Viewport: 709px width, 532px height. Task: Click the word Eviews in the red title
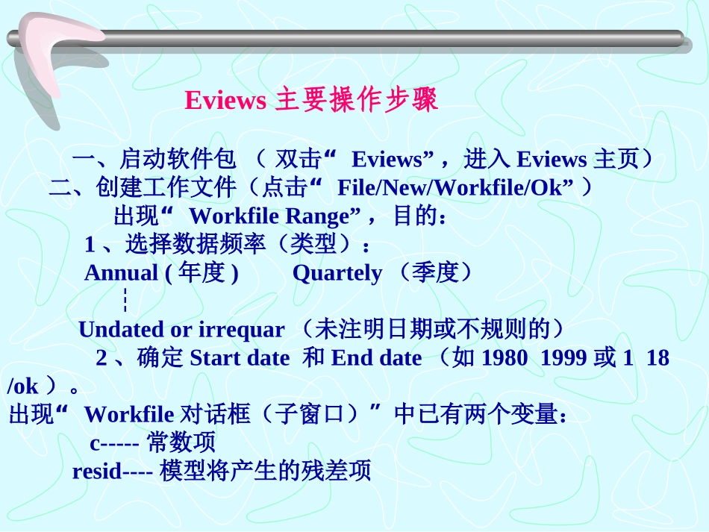pyautogui.click(x=225, y=100)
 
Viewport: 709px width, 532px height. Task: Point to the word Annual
pyautogui.click(x=121, y=273)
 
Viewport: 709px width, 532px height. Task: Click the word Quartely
pyautogui.click(x=337, y=273)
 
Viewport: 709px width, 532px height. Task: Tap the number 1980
pyautogui.click(x=505, y=358)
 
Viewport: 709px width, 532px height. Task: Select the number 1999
pyautogui.click(x=563, y=358)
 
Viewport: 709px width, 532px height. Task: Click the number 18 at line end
pyautogui.click(x=658, y=358)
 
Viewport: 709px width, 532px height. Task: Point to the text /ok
pyautogui.click(x=22, y=387)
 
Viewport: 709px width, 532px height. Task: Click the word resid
pyautogui.click(x=97, y=472)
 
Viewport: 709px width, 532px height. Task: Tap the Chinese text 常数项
pyautogui.click(x=181, y=442)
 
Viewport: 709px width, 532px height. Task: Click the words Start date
pyautogui.click(x=240, y=358)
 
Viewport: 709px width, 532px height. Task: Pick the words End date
pyautogui.click(x=377, y=358)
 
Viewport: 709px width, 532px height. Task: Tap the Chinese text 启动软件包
pyautogui.click(x=178, y=159)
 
